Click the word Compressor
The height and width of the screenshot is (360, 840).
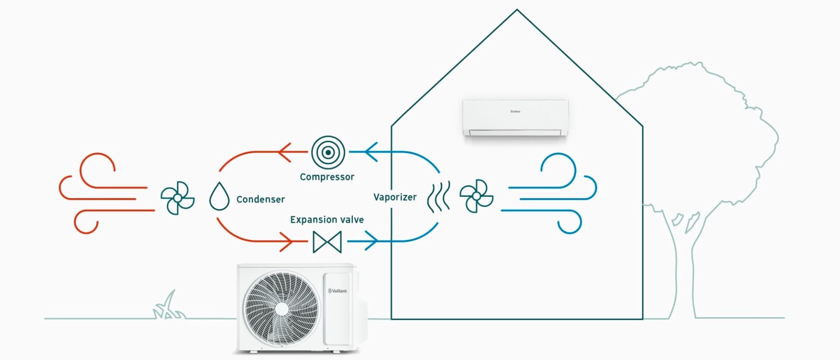pos(327,177)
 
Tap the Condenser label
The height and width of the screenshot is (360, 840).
pos(260,199)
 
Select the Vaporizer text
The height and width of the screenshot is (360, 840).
pos(395,197)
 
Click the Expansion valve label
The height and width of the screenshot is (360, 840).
pos(326,220)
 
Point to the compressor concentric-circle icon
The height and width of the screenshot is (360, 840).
pos(328,153)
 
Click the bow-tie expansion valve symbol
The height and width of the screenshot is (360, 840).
pos(327,242)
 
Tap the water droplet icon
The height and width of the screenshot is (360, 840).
pos(219,196)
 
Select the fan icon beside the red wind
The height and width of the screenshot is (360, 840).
pos(177,198)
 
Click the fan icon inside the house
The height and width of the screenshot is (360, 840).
pos(476,196)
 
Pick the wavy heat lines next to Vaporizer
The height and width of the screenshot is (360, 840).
pos(438,197)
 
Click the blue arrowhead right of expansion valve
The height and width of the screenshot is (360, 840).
pos(372,241)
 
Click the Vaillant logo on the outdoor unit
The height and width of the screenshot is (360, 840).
pos(337,291)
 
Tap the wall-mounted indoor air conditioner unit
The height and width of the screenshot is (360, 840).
pos(515,118)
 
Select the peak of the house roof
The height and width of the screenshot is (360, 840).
pos(517,11)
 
